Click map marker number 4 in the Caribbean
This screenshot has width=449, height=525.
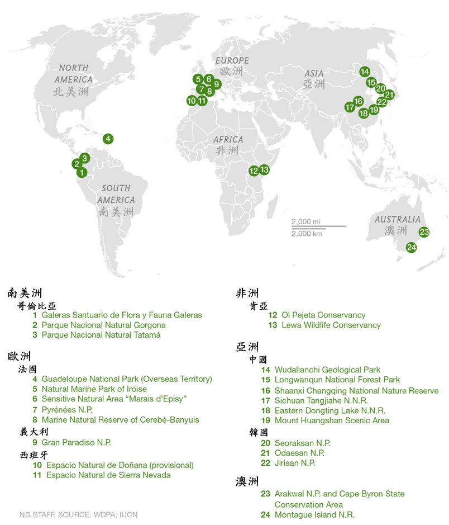click(x=108, y=139)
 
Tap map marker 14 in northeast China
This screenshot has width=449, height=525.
click(x=364, y=72)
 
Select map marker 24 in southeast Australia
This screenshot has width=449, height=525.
click(x=411, y=247)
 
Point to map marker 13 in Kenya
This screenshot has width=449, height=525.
click(x=264, y=169)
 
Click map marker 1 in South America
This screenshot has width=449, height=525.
click(x=82, y=173)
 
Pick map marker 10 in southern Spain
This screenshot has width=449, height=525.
click(x=192, y=101)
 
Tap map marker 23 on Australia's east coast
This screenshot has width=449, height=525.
click(x=424, y=232)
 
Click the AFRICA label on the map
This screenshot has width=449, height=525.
click(x=228, y=139)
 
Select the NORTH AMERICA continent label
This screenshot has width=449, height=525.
click(x=74, y=73)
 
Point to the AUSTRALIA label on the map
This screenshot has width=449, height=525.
click(x=397, y=220)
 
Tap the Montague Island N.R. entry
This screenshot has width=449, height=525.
click(x=314, y=515)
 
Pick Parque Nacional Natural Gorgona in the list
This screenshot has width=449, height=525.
click(x=103, y=325)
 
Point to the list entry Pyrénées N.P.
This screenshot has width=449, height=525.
click(x=67, y=410)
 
